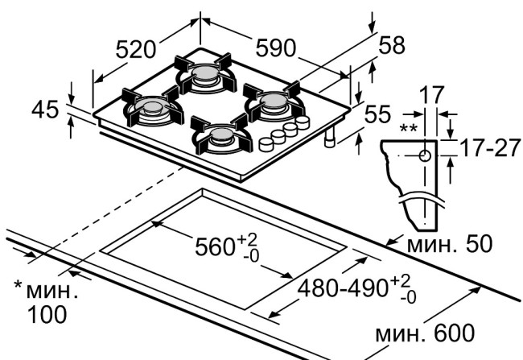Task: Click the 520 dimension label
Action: coord(135,49)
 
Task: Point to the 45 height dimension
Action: coord(47,109)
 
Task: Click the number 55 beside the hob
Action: coord(379,115)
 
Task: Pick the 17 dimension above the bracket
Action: coord(430,95)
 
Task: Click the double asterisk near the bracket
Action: coord(409,129)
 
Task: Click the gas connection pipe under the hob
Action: coord(331,140)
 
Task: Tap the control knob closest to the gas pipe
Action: coord(303,123)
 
